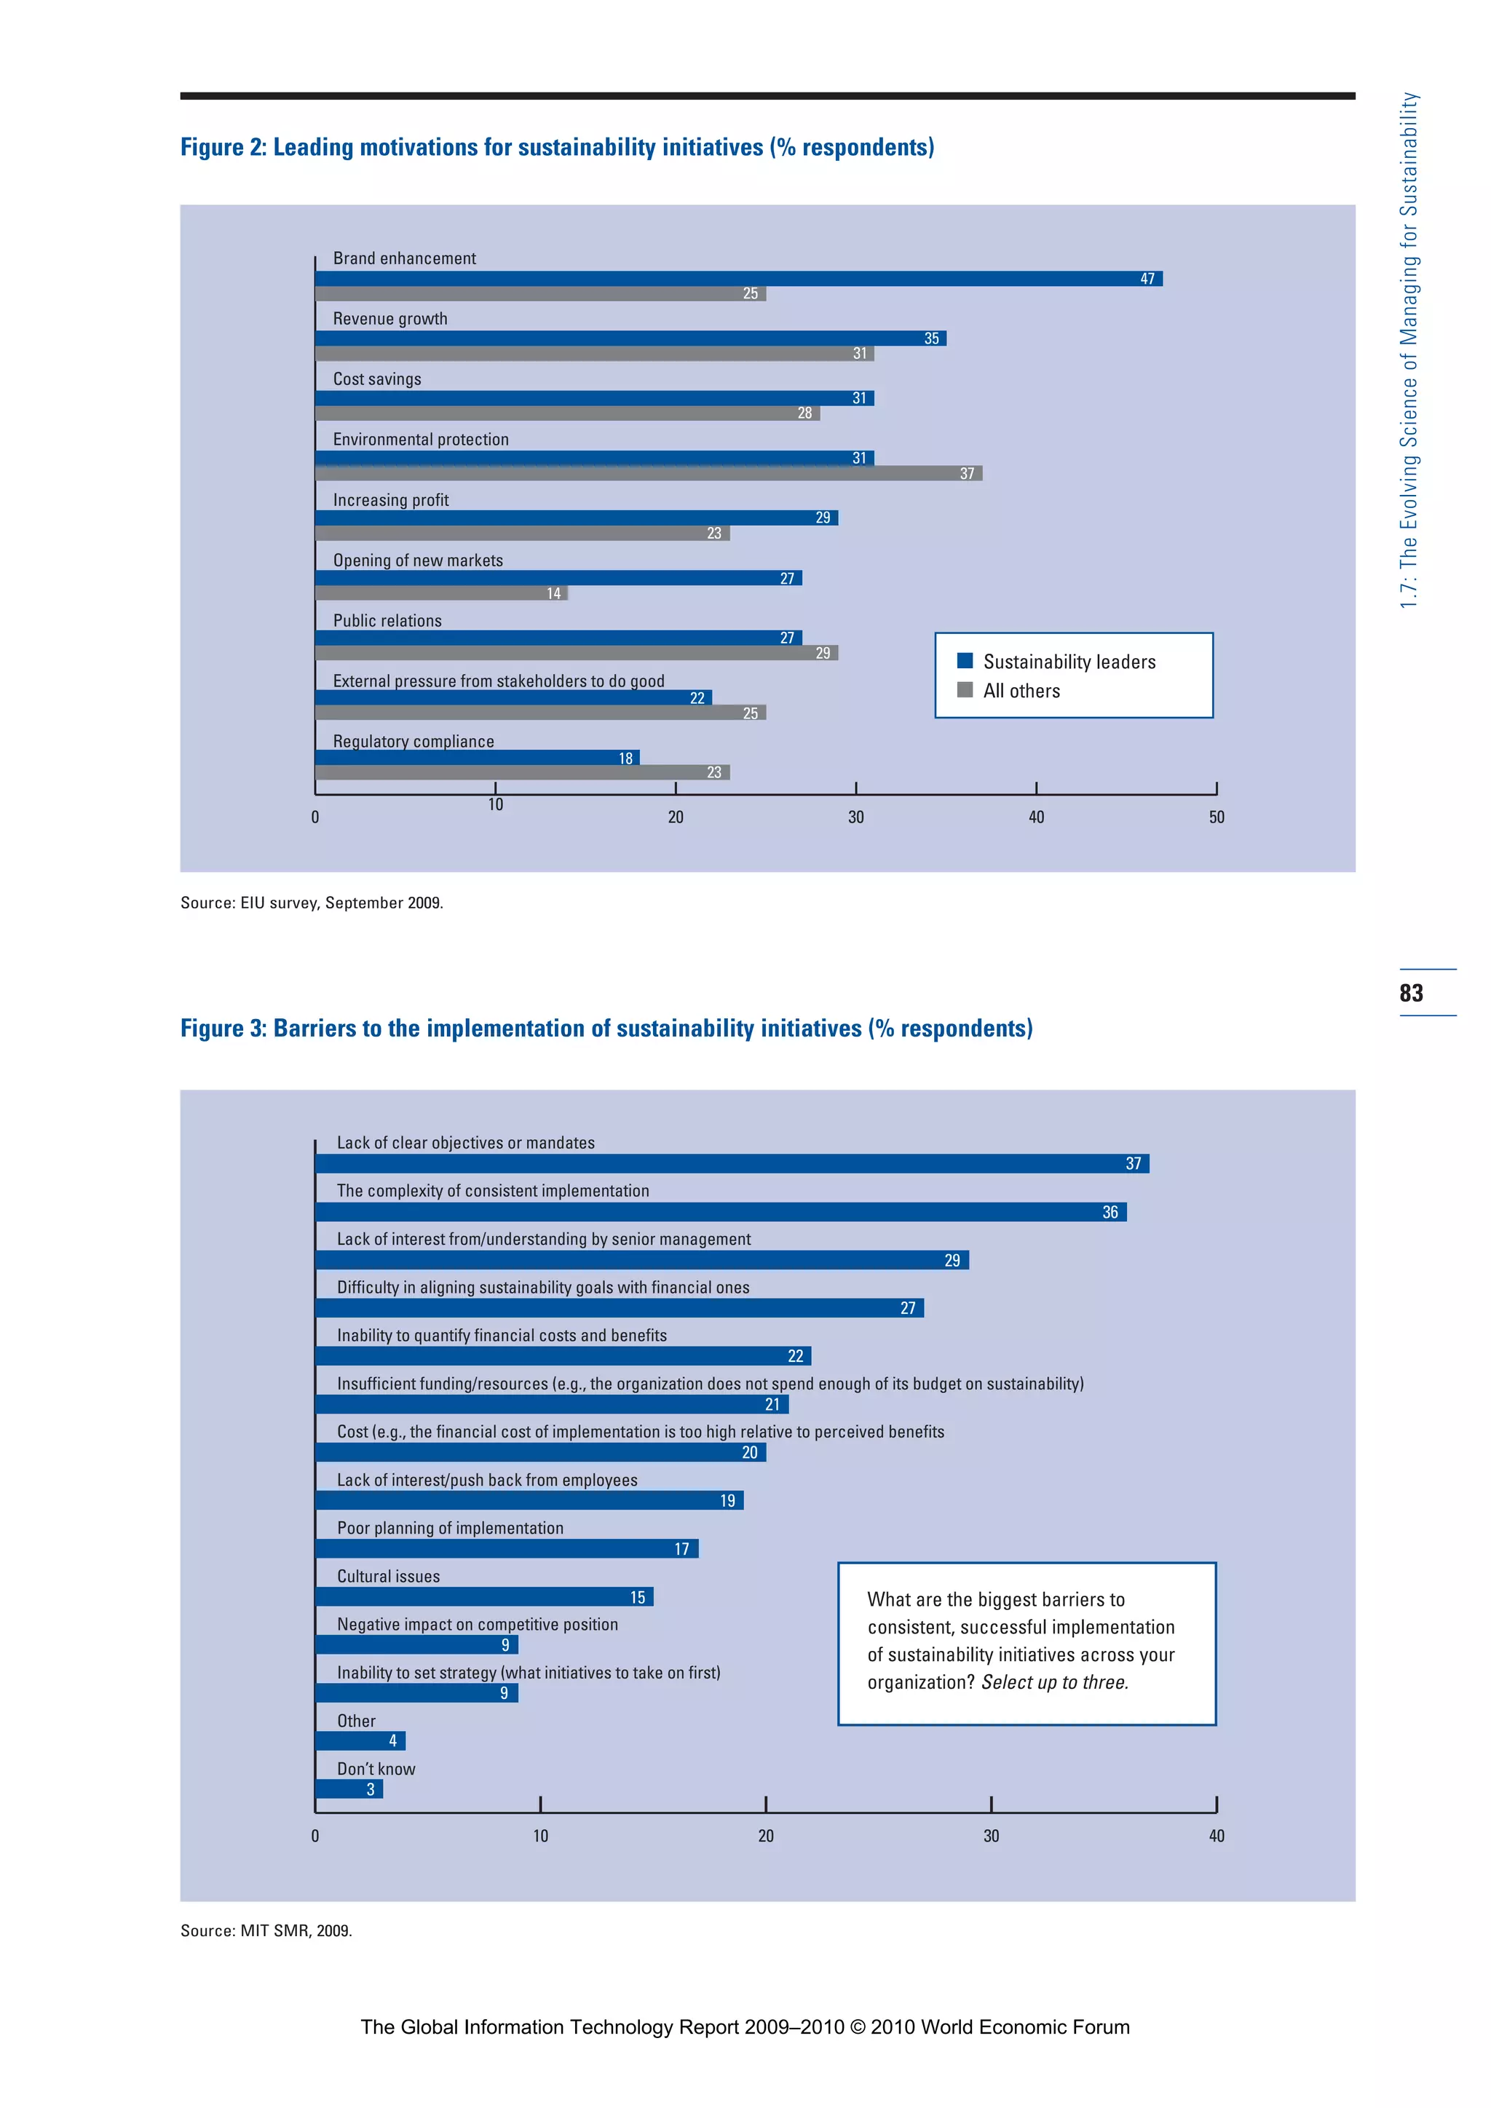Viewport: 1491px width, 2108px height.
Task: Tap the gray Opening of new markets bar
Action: [440, 593]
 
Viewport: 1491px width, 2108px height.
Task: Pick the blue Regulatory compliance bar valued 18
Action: [477, 758]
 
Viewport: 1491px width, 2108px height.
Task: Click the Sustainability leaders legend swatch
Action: [965, 661]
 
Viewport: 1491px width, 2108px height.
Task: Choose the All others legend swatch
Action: [965, 689]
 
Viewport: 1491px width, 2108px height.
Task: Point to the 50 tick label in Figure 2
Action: [1216, 817]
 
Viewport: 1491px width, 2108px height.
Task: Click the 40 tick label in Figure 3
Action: [1216, 1836]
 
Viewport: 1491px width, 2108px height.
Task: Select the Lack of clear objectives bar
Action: [732, 1163]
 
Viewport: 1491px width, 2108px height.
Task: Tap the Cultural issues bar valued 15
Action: [484, 1596]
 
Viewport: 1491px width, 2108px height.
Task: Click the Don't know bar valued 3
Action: [349, 1788]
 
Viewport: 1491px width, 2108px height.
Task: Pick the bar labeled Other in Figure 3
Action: [360, 1740]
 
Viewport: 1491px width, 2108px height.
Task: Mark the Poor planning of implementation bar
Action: [507, 1549]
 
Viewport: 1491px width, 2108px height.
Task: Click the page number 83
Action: [1411, 992]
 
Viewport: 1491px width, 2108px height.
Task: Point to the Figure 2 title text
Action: [556, 147]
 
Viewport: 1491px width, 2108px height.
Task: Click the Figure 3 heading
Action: [606, 1029]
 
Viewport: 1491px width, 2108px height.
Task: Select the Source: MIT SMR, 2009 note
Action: [266, 1931]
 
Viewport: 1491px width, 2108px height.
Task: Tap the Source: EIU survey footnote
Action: [312, 903]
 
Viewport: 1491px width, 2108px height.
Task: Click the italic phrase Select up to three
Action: [1055, 1682]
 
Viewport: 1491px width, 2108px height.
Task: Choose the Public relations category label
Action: [387, 621]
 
